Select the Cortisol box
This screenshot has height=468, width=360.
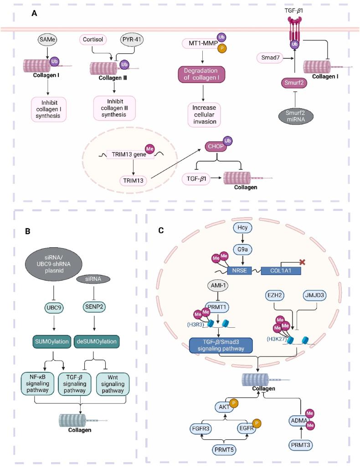[x=93, y=40]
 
